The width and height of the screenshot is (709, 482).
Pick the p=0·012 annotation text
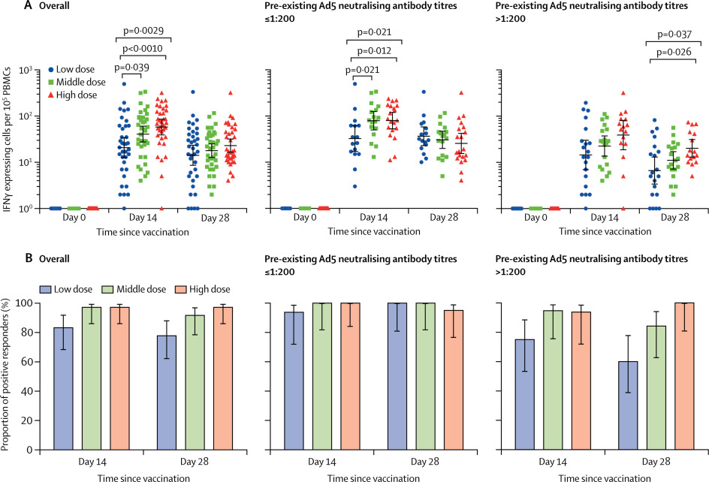pyautogui.click(x=374, y=50)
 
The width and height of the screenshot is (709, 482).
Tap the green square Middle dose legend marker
pyautogui.click(x=51, y=82)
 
